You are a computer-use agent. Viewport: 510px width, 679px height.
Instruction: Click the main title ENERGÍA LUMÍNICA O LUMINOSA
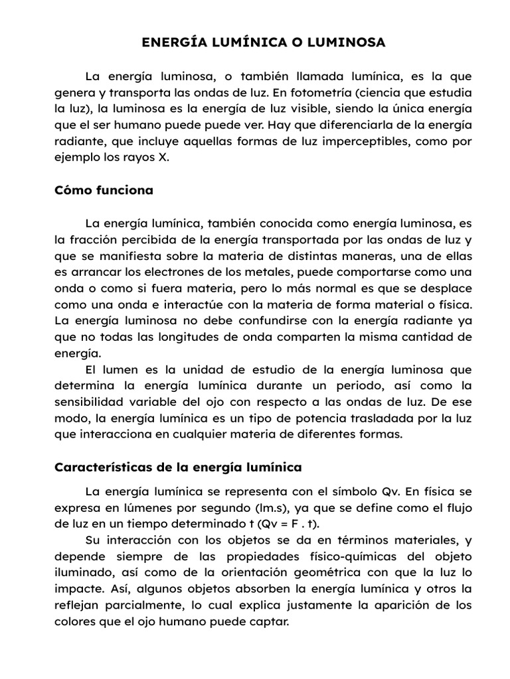pyautogui.click(x=264, y=42)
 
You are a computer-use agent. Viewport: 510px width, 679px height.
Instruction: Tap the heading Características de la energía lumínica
pyautogui.click(x=177, y=467)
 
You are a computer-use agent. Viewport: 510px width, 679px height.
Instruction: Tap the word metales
pyautogui.click(x=265, y=272)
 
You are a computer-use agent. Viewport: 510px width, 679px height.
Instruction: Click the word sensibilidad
pyautogui.click(x=88, y=402)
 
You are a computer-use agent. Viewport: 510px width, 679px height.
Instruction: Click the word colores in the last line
pyautogui.click(x=74, y=622)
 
